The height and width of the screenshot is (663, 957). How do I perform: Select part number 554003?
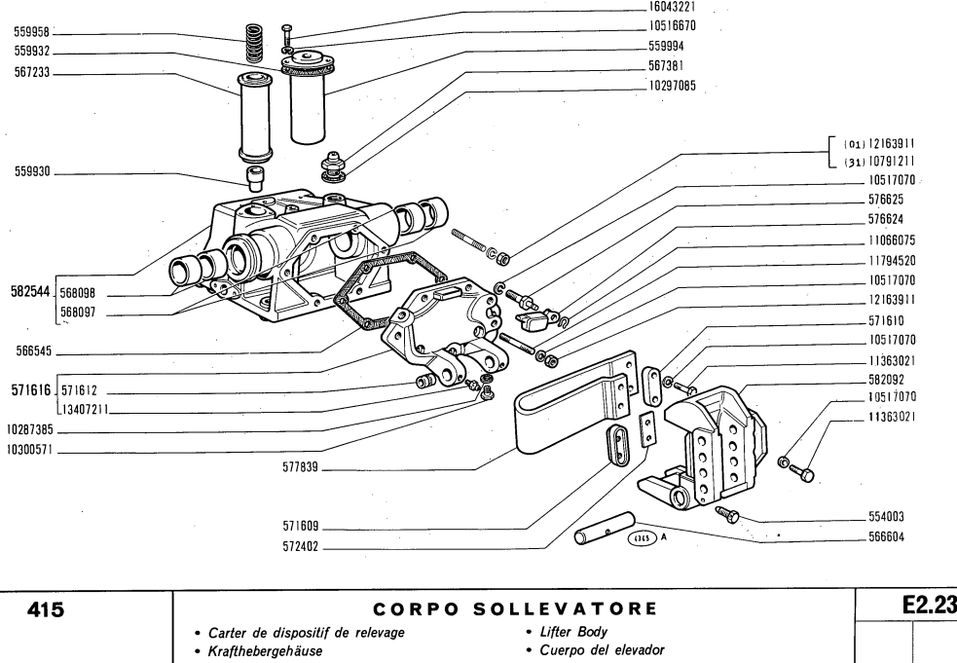pyautogui.click(x=887, y=517)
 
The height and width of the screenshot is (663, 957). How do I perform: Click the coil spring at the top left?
pyautogui.click(x=257, y=42)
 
